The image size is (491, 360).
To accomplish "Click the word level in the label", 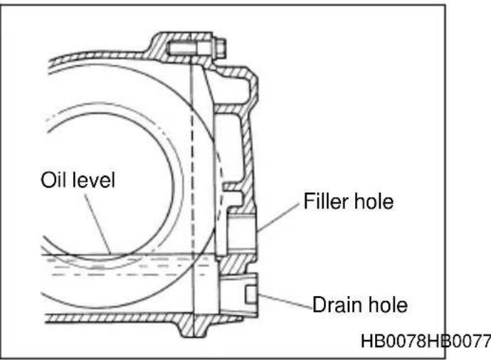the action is [94, 180].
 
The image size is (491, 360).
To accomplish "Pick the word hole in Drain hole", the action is [388, 305].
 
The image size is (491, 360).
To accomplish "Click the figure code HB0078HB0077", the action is [426, 342].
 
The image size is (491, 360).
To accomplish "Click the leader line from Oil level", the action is [97, 224].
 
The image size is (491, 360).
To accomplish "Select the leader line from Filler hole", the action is [278, 218].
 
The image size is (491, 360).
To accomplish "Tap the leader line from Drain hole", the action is [285, 302].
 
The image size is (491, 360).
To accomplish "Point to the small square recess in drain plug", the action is [251, 295].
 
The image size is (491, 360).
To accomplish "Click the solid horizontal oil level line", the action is [128, 254].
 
